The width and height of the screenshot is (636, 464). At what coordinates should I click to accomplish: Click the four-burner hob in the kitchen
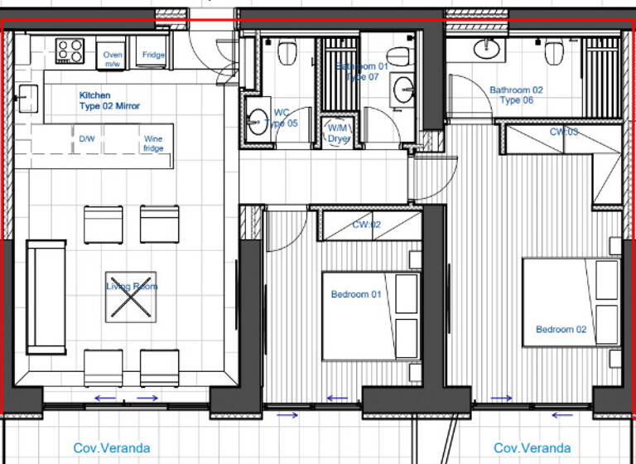click(x=70, y=51)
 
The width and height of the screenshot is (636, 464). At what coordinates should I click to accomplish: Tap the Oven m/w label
click(x=113, y=59)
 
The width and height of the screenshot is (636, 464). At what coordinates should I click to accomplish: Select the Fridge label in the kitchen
click(x=153, y=56)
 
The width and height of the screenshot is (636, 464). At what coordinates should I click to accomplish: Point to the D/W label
click(x=87, y=138)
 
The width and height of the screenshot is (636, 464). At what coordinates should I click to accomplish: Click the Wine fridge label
click(x=153, y=143)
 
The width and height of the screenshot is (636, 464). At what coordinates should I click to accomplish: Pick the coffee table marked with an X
click(x=130, y=297)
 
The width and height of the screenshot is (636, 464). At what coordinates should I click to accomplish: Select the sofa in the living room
click(x=46, y=296)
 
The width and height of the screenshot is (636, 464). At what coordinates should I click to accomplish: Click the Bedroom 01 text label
click(x=355, y=294)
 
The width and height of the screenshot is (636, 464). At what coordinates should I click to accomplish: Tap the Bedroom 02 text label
click(x=561, y=329)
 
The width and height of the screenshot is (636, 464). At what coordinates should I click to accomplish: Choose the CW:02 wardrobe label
click(x=366, y=225)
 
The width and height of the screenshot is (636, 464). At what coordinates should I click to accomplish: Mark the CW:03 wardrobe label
click(x=564, y=132)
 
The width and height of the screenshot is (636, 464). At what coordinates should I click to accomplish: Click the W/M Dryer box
click(x=339, y=133)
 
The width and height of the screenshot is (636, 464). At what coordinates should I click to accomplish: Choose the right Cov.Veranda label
click(x=532, y=448)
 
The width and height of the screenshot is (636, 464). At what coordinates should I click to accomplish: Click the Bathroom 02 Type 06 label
click(x=516, y=94)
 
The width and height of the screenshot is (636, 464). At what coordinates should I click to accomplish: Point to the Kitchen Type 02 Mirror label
click(x=109, y=100)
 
